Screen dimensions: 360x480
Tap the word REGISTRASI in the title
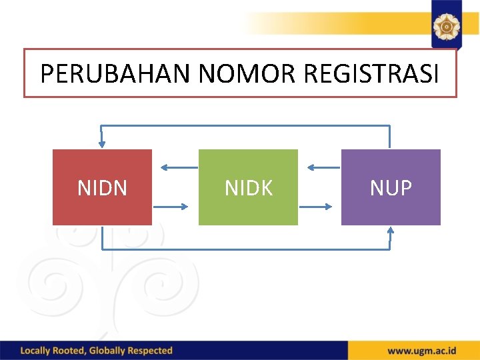(371, 74)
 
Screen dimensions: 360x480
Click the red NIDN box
(102, 187)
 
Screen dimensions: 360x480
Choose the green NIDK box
(248, 187)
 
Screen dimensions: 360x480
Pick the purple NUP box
(391, 187)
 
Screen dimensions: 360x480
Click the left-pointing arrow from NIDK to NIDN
(175, 168)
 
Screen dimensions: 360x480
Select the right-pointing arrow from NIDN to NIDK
(175, 207)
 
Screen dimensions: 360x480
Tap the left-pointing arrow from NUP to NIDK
(320, 168)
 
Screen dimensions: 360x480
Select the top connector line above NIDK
(248, 125)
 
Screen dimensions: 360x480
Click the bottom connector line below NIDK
(248, 249)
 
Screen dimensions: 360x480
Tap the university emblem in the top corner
(445, 26)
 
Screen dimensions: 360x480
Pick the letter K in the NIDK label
(267, 188)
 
